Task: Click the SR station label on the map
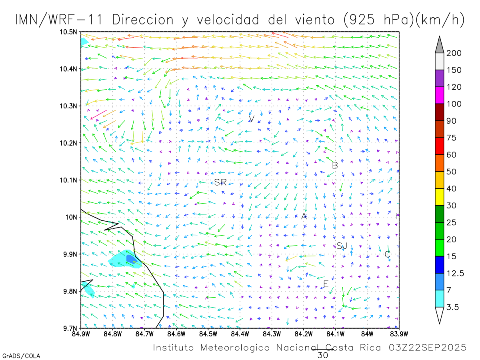(220, 182)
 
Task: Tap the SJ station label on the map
(342, 246)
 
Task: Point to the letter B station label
(335, 165)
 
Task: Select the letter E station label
(326, 284)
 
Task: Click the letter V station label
(252, 118)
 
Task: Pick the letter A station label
(304, 216)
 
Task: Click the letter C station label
(387, 254)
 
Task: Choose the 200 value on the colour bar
(454, 53)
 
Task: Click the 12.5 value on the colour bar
(456, 273)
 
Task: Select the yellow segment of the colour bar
(439, 197)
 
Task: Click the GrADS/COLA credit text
(21, 356)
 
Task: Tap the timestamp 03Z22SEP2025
(428, 348)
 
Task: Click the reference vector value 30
(322, 355)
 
